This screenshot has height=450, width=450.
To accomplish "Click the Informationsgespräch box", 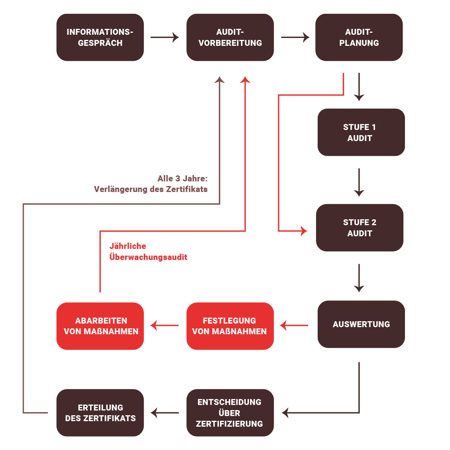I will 100,38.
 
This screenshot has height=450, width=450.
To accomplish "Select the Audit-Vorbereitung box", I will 230,38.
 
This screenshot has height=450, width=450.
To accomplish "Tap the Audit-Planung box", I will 359,38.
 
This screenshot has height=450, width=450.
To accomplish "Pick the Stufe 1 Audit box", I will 361,132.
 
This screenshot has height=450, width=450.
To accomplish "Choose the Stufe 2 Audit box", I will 360,228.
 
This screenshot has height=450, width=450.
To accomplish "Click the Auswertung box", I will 361,324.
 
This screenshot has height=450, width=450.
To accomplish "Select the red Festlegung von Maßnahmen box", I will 230,326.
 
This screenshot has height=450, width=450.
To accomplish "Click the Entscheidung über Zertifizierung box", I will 230,413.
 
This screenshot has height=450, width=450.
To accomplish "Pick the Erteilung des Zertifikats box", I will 100,413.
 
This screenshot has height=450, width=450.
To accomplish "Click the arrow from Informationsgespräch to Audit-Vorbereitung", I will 165,38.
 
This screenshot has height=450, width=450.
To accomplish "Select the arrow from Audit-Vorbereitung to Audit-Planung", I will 295,38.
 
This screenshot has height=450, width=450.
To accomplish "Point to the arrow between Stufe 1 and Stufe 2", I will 359,182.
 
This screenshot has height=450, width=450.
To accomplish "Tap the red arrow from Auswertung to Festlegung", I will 294,326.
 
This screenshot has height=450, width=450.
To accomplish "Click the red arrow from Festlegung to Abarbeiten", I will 164,326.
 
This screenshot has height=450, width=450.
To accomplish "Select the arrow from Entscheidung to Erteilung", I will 165,413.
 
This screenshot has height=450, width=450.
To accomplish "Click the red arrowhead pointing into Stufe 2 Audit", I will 303,231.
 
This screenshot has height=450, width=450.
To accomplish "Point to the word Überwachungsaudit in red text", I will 148,257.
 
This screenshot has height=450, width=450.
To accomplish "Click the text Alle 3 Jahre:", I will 183,179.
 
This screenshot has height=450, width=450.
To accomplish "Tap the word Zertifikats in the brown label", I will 186,189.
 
